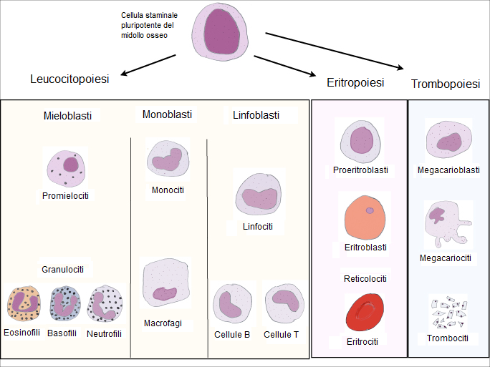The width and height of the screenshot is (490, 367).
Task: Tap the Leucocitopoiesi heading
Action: (x=69, y=79)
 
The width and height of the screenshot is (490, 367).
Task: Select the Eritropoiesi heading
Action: (x=355, y=82)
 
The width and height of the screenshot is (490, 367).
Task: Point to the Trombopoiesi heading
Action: (x=446, y=84)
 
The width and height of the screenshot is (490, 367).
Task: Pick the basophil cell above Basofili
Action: (x=66, y=304)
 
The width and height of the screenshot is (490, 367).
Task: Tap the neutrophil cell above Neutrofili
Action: (x=105, y=304)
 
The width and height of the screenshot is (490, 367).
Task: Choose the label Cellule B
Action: (x=232, y=335)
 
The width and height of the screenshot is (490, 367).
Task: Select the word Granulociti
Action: (x=63, y=269)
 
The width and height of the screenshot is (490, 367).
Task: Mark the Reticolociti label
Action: (x=365, y=278)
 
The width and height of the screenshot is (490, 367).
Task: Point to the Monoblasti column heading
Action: (x=166, y=114)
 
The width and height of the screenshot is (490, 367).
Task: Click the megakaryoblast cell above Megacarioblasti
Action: (x=448, y=142)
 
